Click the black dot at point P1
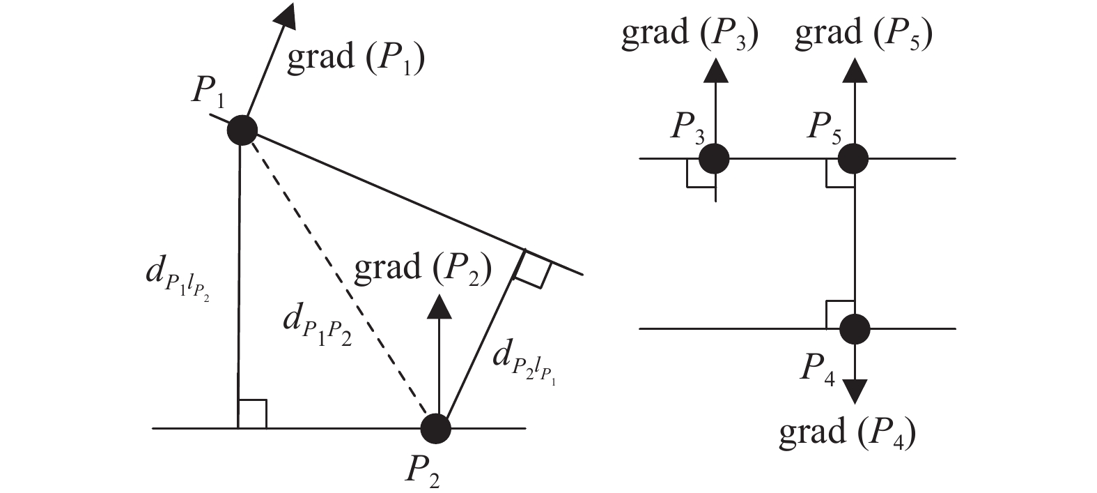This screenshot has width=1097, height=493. click(x=242, y=130)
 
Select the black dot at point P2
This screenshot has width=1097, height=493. click(x=437, y=428)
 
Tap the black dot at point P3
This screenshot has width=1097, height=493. click(x=714, y=158)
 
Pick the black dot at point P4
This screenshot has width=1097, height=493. click(x=855, y=328)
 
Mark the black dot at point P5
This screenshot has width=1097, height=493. click(x=853, y=158)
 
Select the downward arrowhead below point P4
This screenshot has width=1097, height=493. click(x=855, y=391)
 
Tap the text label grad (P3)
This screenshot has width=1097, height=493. click(x=690, y=34)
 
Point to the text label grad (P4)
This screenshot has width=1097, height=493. click(x=847, y=432)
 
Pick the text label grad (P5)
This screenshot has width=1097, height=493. click(x=864, y=34)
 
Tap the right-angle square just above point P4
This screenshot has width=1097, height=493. click(x=839, y=314)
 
